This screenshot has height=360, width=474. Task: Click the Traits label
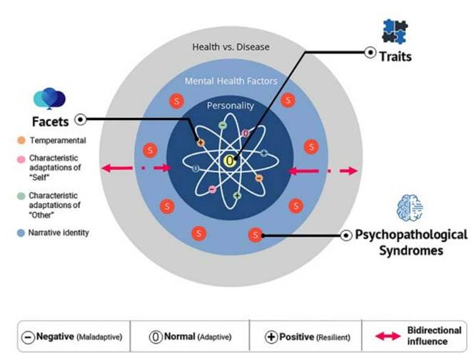[395, 56]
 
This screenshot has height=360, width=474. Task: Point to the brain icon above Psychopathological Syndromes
[407, 208]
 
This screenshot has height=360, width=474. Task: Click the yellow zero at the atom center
[229, 161]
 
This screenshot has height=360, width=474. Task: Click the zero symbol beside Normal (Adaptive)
[155, 337]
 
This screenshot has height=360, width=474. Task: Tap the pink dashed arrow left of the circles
[136, 168]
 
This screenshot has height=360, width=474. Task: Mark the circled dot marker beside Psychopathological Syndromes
[348, 235]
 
